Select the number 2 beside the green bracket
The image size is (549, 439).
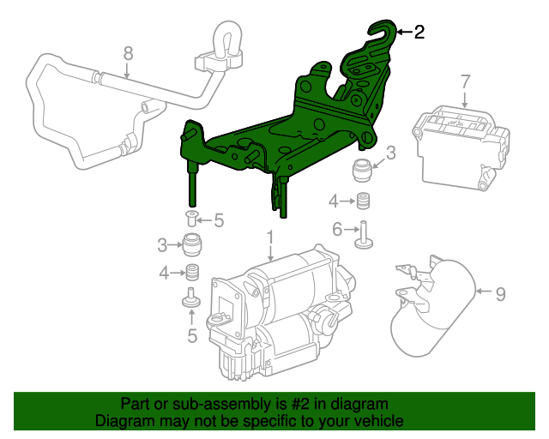419,33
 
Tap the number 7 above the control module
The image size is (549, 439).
465,82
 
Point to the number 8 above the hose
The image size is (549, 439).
128,54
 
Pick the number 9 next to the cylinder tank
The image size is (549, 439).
500,294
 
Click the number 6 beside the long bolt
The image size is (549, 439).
337,229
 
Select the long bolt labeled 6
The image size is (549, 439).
364,233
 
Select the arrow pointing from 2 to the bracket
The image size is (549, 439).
404,33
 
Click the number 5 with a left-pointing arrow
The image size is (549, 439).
219,220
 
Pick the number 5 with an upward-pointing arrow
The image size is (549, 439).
192,336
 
